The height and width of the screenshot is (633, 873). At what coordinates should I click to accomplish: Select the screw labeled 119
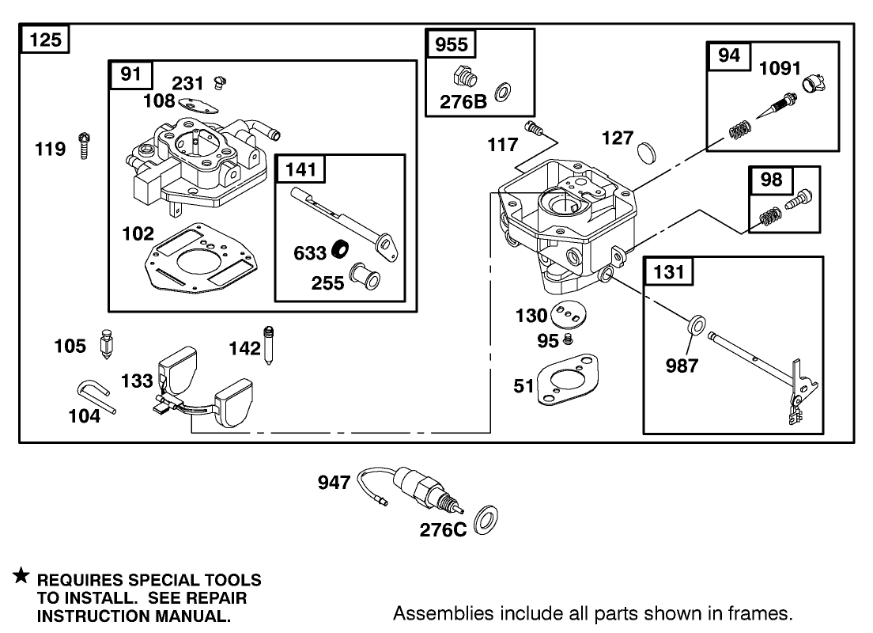click(83, 146)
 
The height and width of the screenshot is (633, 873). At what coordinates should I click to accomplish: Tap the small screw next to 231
click(221, 81)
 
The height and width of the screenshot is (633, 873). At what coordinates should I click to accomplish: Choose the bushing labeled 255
click(366, 277)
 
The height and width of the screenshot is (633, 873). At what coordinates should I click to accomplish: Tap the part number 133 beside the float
click(137, 381)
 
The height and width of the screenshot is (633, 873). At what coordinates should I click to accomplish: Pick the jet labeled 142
click(270, 343)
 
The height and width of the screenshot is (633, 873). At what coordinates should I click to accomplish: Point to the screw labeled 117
click(535, 127)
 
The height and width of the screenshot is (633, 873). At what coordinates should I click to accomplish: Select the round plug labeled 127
click(646, 150)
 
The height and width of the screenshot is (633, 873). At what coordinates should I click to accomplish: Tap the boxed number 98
click(771, 180)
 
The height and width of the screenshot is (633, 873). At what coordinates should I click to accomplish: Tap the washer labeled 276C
click(483, 522)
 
